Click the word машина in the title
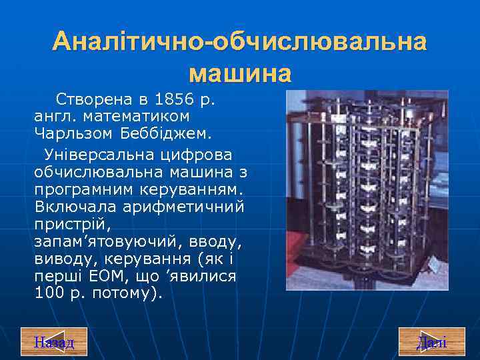[x=240, y=72]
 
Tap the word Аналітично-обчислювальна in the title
[x=240, y=42]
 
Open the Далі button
[x=431, y=343]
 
